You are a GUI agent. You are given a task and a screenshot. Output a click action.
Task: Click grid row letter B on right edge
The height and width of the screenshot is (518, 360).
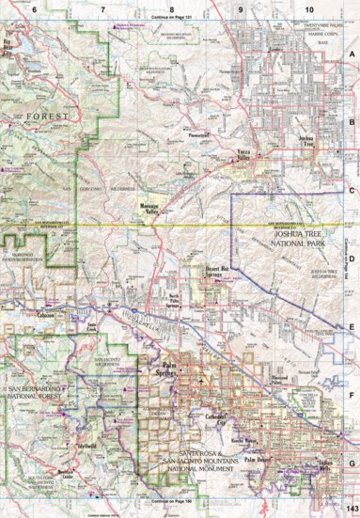click(x=351, y=120)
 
